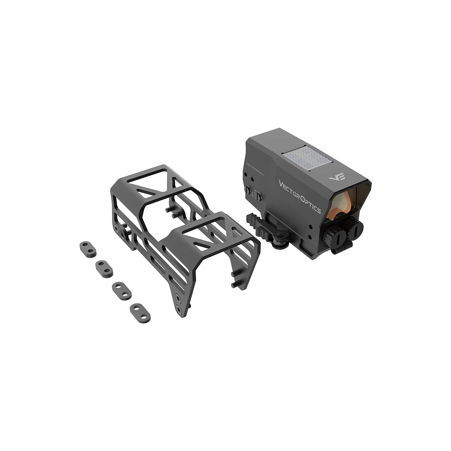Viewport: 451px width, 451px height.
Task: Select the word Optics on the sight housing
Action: point(310,203)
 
